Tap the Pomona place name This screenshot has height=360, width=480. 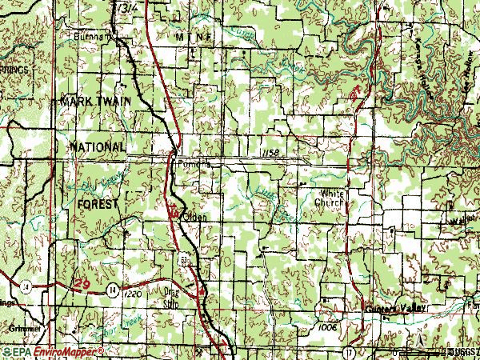point(194,163)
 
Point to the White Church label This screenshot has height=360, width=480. point(331,198)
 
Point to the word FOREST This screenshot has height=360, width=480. point(98,205)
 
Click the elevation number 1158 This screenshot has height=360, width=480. point(270,152)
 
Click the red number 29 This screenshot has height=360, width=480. point(82,285)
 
